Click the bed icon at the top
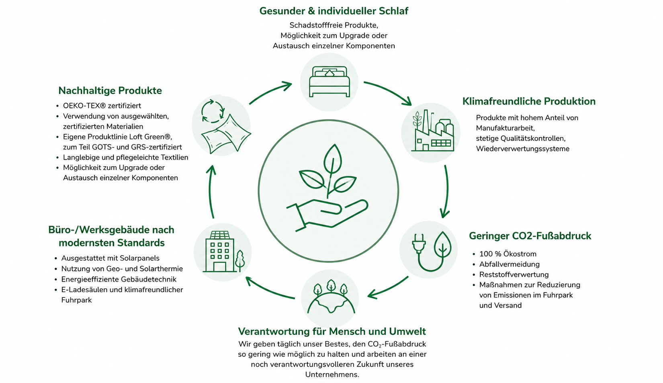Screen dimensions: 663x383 [x=329, y=82]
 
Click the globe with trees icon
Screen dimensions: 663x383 [x=331, y=296]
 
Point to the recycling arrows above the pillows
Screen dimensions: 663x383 [x=213, y=111]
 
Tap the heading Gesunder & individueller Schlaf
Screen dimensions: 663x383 [x=334, y=11]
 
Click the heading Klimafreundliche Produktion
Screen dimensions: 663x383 [x=529, y=101]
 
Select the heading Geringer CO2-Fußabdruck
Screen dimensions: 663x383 [x=530, y=236]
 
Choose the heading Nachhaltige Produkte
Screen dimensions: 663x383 [x=110, y=90]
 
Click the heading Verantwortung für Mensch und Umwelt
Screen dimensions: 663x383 [x=332, y=331]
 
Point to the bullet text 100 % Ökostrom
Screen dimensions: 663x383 [x=508, y=254]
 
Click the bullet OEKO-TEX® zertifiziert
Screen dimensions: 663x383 [x=102, y=106]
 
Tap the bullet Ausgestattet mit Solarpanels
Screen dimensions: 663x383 [x=110, y=258]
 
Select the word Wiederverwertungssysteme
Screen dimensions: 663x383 [x=523, y=149]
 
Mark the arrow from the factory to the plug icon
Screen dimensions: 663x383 [x=446, y=191]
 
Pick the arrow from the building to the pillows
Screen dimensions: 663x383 [x=211, y=191]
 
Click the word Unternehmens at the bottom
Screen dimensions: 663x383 [x=332, y=375]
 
